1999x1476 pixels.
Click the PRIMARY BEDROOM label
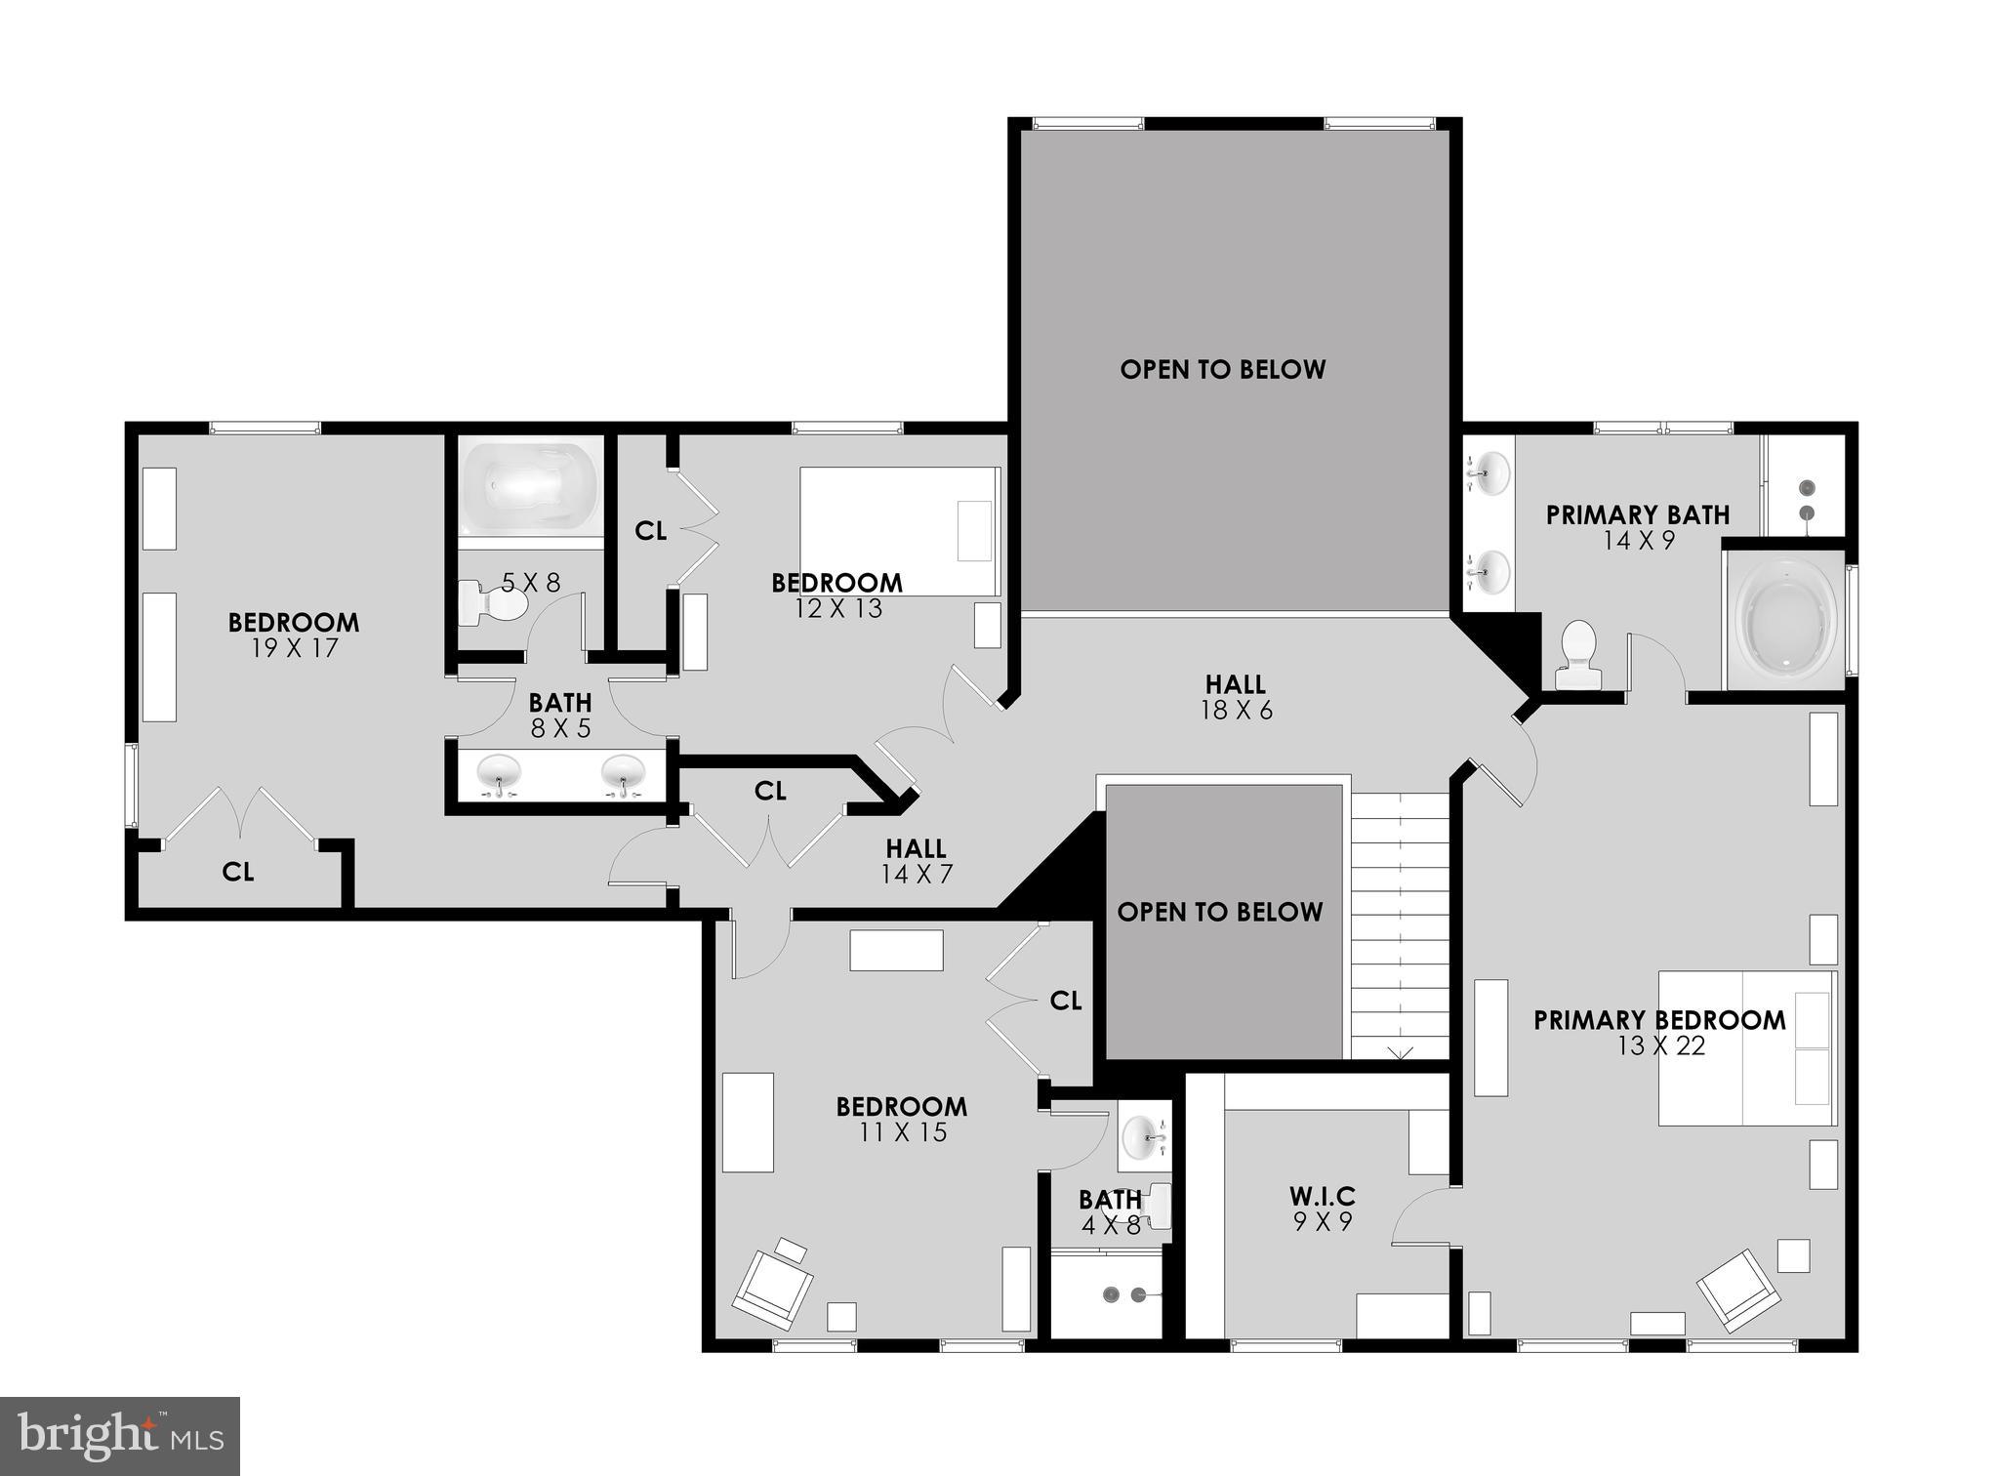click(1658, 1020)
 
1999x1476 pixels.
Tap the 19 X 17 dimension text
click(294, 648)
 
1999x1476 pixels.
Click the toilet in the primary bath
click(1577, 656)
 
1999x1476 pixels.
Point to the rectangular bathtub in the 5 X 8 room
click(529, 485)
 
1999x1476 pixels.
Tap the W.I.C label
click(1322, 1196)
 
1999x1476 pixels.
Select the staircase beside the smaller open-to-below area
click(1400, 927)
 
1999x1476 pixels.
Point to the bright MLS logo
click(119, 1436)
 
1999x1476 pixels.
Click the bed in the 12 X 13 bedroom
click(899, 531)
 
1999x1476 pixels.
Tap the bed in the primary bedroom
click(1746, 1047)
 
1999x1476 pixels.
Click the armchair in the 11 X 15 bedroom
click(773, 1288)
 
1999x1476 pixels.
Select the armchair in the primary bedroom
click(1737, 1290)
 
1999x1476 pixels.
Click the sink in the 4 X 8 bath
click(1143, 1136)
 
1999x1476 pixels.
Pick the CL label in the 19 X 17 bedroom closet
click(238, 872)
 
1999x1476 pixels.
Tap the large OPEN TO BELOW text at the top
click(1222, 369)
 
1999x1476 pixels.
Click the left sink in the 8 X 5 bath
click(499, 776)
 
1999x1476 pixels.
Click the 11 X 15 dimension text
click(903, 1132)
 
